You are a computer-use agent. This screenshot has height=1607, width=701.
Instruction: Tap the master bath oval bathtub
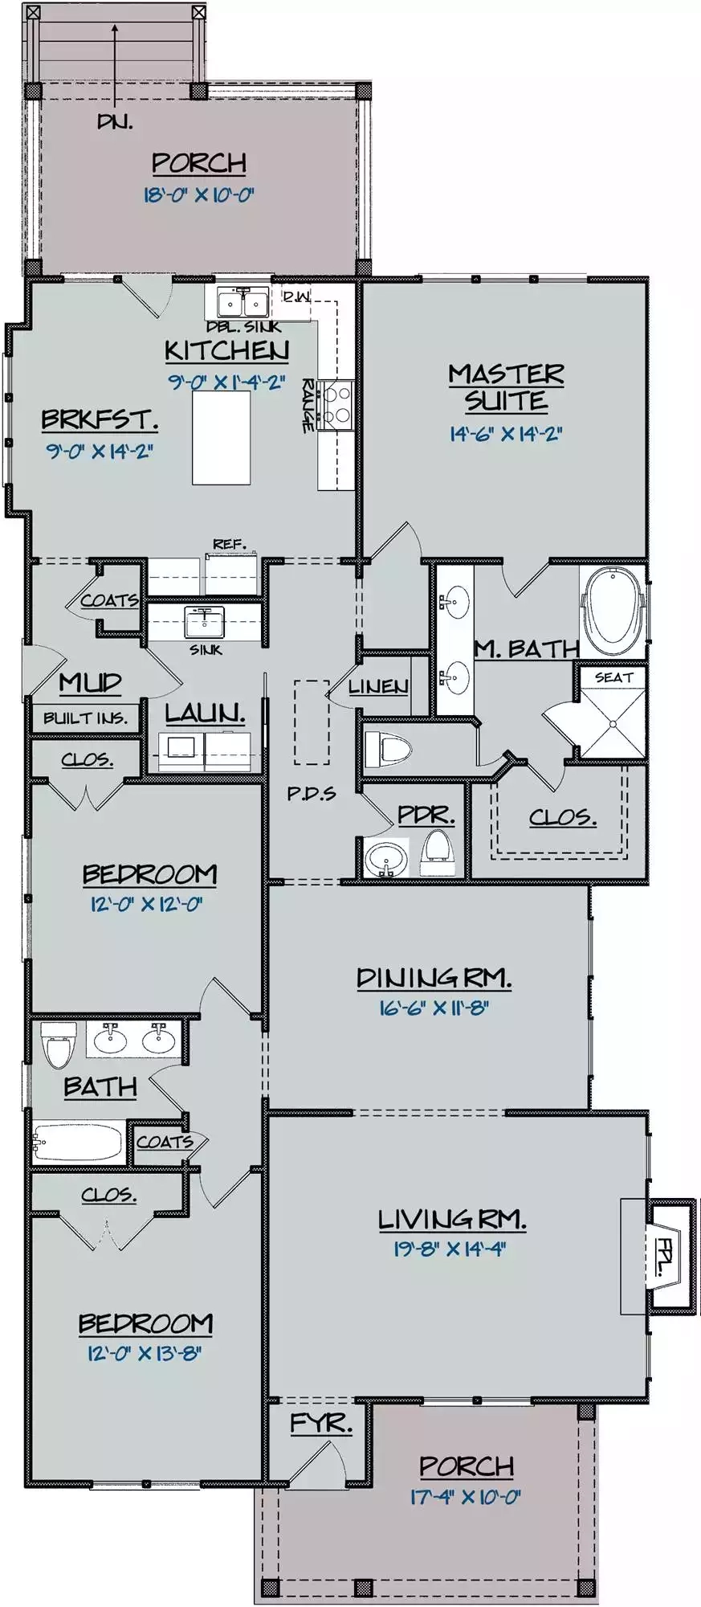pyautogui.click(x=612, y=611)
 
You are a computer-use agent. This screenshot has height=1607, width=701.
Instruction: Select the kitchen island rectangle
pyautogui.click(x=221, y=438)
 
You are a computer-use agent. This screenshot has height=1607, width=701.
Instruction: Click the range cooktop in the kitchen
pyautogui.click(x=336, y=404)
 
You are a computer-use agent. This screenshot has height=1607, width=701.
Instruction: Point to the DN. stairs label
pyautogui.click(x=115, y=121)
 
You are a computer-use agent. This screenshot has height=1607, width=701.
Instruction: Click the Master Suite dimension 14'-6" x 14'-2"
pyautogui.click(x=505, y=434)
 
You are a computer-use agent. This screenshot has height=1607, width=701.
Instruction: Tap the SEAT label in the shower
pyautogui.click(x=613, y=677)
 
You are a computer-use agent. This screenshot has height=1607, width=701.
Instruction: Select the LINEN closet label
pyautogui.click(x=378, y=687)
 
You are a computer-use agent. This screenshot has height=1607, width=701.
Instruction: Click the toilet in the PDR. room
pyautogui.click(x=438, y=853)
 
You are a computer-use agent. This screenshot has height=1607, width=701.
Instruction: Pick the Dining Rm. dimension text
pyautogui.click(x=434, y=1008)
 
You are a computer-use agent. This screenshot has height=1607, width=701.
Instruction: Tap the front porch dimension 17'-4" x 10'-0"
pyautogui.click(x=466, y=1497)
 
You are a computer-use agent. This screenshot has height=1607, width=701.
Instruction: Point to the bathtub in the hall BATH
pyautogui.click(x=78, y=1142)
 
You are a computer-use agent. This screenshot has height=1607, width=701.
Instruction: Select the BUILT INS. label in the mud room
pyautogui.click(x=85, y=718)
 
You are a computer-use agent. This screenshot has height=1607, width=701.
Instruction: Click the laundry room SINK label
pyautogui.click(x=206, y=649)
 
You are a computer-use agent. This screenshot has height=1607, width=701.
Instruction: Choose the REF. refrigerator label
pyautogui.click(x=230, y=544)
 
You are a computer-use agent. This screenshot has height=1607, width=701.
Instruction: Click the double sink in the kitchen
pyautogui.click(x=243, y=303)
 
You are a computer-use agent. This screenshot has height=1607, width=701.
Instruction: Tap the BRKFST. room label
pyautogui.click(x=100, y=419)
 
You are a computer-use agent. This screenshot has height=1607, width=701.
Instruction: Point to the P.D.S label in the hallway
pyautogui.click(x=312, y=793)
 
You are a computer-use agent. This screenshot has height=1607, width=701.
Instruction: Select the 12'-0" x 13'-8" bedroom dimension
pyautogui.click(x=145, y=1354)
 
